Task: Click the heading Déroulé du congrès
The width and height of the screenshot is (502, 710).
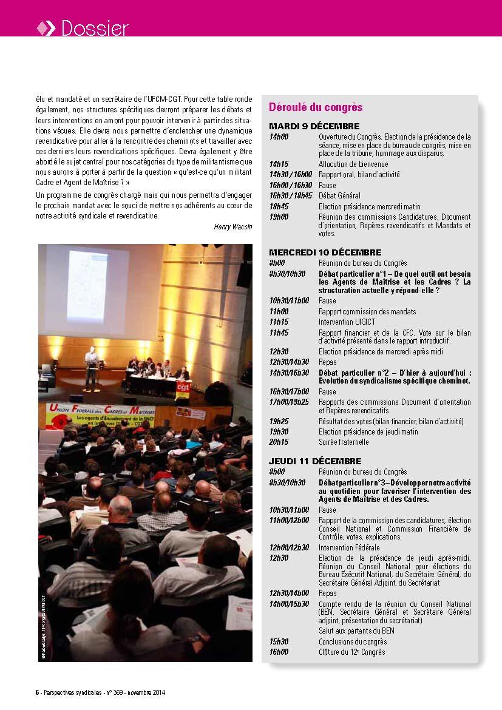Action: click(316, 107)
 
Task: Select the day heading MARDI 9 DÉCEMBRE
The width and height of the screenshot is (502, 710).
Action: click(314, 126)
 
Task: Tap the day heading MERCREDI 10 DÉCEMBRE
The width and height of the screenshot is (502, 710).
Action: click(325, 252)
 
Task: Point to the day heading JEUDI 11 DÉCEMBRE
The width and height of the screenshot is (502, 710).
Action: click(315, 461)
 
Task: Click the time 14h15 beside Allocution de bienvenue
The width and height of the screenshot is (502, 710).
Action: click(279, 164)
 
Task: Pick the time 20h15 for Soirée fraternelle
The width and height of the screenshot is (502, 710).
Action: click(279, 442)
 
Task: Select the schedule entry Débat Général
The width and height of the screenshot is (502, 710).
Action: click(339, 196)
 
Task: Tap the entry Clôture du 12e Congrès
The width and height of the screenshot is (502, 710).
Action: click(351, 652)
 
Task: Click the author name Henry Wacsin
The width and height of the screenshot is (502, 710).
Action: click(233, 226)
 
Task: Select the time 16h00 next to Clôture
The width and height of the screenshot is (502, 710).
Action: click(279, 652)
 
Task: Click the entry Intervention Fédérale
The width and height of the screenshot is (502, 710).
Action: click(349, 548)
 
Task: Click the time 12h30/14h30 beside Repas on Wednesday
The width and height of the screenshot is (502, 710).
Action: click(289, 362)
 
